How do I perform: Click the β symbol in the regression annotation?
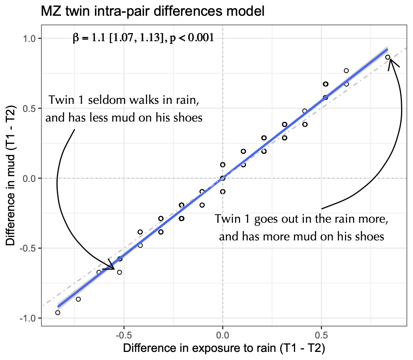coord(75,38)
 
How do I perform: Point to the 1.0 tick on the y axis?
coord(28,38)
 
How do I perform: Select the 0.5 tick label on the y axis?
coord(28,108)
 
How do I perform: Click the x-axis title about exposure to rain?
coord(224,349)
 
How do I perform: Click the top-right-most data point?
coord(388,57)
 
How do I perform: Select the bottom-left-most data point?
coord(58,312)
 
